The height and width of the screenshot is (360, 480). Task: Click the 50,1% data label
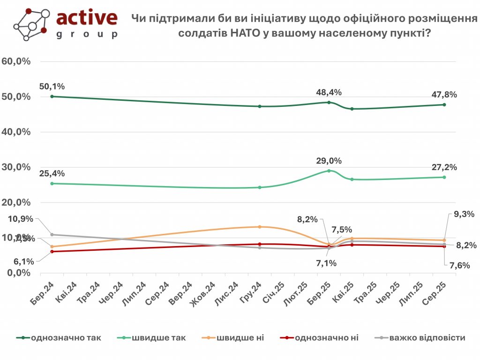pos(52,86)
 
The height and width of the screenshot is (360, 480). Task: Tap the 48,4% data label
pos(329,92)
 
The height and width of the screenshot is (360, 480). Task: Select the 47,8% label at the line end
pos(444,94)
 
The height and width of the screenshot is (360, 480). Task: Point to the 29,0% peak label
pos(329,161)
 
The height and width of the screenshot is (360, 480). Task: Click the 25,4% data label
pos(52,173)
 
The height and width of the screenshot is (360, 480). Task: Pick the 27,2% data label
pos(444,167)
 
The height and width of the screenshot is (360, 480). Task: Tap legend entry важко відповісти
pos(427,338)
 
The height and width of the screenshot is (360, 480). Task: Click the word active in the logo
pos(87,18)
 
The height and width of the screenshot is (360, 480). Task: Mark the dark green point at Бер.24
pos(52,96)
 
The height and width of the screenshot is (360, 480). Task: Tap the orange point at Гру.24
pos(259,227)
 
